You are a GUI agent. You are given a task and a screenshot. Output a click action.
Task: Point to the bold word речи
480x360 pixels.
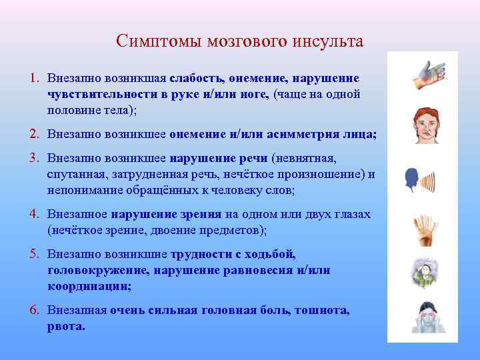(255, 159)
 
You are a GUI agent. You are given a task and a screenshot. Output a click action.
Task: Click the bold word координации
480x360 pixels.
(89, 286)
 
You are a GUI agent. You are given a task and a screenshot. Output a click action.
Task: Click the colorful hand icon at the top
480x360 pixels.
(426, 75)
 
